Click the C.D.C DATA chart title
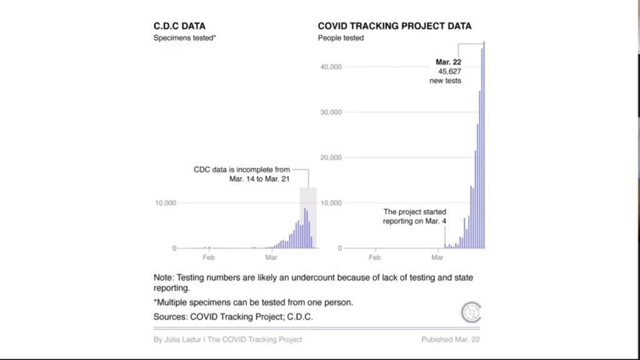click(179, 26)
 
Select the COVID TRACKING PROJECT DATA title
click(394, 26)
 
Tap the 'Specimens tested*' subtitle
click(185, 38)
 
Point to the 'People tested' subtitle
click(341, 38)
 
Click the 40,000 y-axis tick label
click(331, 67)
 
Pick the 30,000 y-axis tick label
click(331, 112)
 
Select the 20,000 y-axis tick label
click(331, 157)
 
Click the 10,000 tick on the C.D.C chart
click(166, 203)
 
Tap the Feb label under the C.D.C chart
click(209, 257)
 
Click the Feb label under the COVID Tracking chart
click(374, 257)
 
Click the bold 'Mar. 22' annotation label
click(448, 62)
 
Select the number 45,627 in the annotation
click(448, 72)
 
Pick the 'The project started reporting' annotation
click(414, 217)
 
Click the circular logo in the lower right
click(471, 312)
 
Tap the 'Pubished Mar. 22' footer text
click(451, 339)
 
